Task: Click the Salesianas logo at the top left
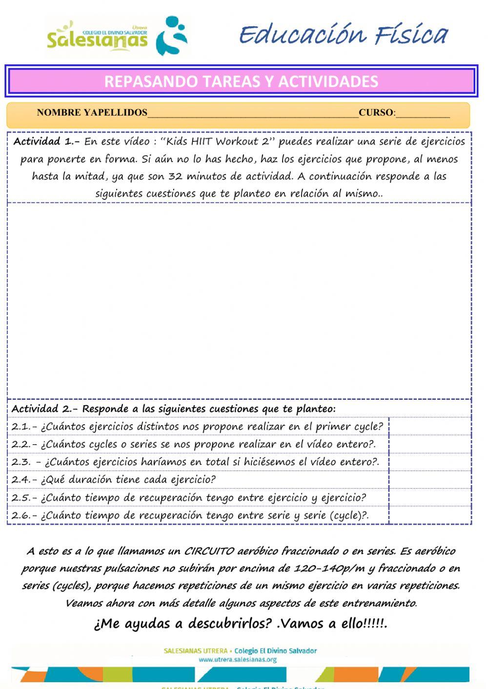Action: click(117, 37)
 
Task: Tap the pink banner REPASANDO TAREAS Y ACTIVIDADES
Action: click(241, 81)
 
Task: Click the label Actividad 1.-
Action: click(46, 142)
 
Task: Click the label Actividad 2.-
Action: click(46, 409)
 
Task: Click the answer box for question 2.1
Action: click(430, 427)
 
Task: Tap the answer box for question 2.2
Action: click(430, 444)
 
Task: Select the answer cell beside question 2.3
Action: click(430, 462)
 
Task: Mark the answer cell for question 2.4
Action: click(430, 480)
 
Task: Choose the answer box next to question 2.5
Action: click(430, 498)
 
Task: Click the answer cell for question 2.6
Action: click(430, 515)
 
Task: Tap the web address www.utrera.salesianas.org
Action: click(238, 660)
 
